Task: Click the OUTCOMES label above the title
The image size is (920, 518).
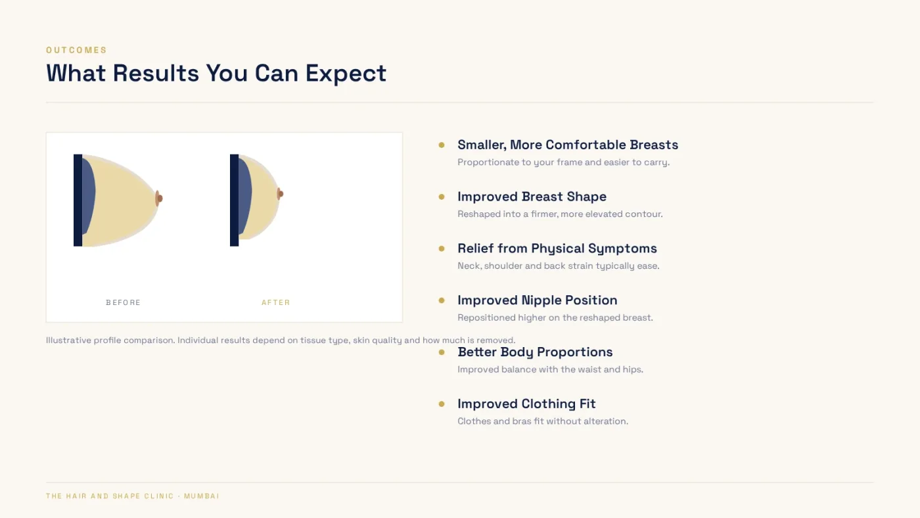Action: (x=76, y=50)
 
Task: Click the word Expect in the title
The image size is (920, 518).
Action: (x=346, y=74)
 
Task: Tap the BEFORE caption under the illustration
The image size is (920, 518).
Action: (x=124, y=302)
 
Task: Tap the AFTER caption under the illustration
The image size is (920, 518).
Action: (x=276, y=302)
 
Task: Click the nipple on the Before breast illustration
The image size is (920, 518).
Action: (x=159, y=199)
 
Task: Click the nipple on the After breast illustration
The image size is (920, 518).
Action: (x=280, y=194)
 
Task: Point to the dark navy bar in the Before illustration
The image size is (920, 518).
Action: (x=78, y=200)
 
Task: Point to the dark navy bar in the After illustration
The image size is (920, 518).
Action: (x=234, y=200)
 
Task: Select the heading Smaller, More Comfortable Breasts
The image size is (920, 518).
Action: (x=568, y=145)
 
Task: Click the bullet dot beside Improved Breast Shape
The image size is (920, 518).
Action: (x=442, y=197)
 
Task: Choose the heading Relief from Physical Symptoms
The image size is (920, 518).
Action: (x=557, y=248)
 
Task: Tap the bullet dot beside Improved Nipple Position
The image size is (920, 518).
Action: (x=442, y=300)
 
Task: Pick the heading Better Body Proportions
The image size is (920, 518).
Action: (x=535, y=352)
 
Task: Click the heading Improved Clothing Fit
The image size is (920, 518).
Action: (x=526, y=404)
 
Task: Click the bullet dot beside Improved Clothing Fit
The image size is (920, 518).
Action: (x=442, y=404)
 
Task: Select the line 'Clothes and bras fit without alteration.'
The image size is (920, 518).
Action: (x=543, y=421)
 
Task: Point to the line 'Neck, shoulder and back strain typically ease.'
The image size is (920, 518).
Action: (x=558, y=266)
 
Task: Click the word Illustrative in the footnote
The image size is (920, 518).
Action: (x=68, y=340)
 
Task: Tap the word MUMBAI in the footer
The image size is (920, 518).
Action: (x=202, y=496)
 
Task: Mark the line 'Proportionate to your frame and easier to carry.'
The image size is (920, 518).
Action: (x=564, y=162)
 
